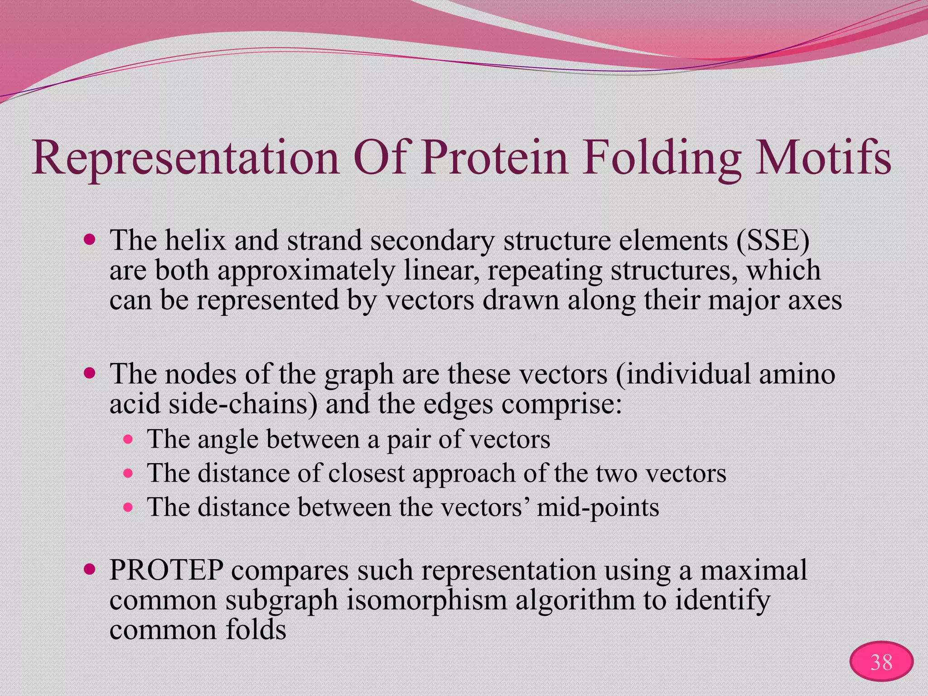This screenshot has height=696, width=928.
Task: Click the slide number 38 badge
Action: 881,662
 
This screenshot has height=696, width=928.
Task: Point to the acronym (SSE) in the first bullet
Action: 773,240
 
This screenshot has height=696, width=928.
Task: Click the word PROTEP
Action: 166,570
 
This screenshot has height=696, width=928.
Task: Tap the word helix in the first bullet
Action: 195,240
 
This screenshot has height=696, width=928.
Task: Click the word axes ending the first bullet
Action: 814,300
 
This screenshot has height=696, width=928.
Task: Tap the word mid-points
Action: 598,507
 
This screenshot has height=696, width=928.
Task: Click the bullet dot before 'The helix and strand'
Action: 90,239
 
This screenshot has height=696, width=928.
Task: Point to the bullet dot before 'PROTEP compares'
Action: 90,569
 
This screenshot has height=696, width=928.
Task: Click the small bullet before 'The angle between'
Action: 129,439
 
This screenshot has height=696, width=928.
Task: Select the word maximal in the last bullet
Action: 754,570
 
